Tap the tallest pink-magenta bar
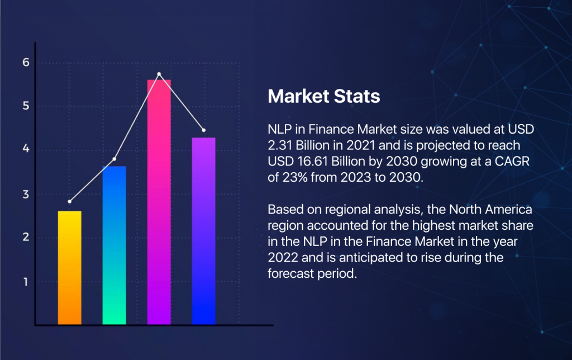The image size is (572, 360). click(159, 202)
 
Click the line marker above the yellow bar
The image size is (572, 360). click(70, 201)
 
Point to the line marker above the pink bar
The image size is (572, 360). click(159, 74)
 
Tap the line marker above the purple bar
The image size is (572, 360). click(203, 130)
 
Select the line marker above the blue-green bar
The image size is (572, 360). click(115, 159)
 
